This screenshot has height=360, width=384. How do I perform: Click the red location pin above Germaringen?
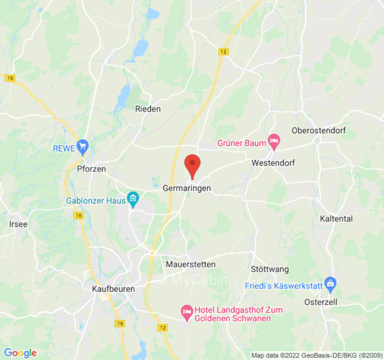[193, 165]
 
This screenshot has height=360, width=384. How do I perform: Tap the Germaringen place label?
[186, 189]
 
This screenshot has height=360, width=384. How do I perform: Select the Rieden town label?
[148, 109]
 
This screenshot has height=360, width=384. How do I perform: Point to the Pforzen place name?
[91, 169]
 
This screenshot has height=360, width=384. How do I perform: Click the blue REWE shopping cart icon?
[82, 146]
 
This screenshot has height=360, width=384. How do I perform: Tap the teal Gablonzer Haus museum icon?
[133, 198]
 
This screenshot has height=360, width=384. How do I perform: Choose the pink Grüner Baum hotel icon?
[274, 141]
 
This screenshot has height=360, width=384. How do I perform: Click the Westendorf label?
[273, 163]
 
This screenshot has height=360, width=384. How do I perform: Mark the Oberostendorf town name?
[318, 131]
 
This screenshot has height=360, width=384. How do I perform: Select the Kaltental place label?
[336, 219]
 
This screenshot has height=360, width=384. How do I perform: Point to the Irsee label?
[18, 224]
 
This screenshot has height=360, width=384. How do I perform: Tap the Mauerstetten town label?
[190, 264]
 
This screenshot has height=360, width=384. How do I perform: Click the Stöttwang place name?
[270, 270]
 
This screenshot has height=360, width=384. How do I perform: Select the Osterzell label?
[321, 302]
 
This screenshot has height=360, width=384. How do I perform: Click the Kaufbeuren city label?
[113, 289]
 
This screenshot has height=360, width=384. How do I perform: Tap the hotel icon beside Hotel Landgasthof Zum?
[186, 311]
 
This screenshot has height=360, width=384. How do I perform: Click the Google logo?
[20, 353]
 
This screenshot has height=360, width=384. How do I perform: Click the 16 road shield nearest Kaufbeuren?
[119, 323]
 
